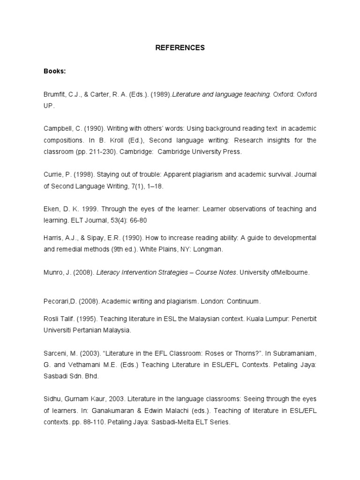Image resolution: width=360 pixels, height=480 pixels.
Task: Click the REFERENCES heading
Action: pyautogui.click(x=180, y=48)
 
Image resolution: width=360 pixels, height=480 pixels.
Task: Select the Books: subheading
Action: pyautogui.click(x=55, y=71)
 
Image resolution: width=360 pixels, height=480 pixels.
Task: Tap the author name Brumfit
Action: pyautogui.click(x=54, y=95)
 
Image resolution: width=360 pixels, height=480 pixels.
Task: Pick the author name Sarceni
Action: pyautogui.click(x=55, y=352)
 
